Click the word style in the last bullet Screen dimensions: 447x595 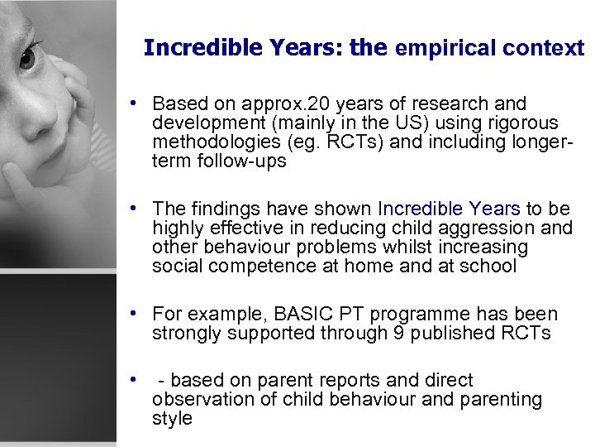[172, 418]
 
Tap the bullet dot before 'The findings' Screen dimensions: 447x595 [132, 209]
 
